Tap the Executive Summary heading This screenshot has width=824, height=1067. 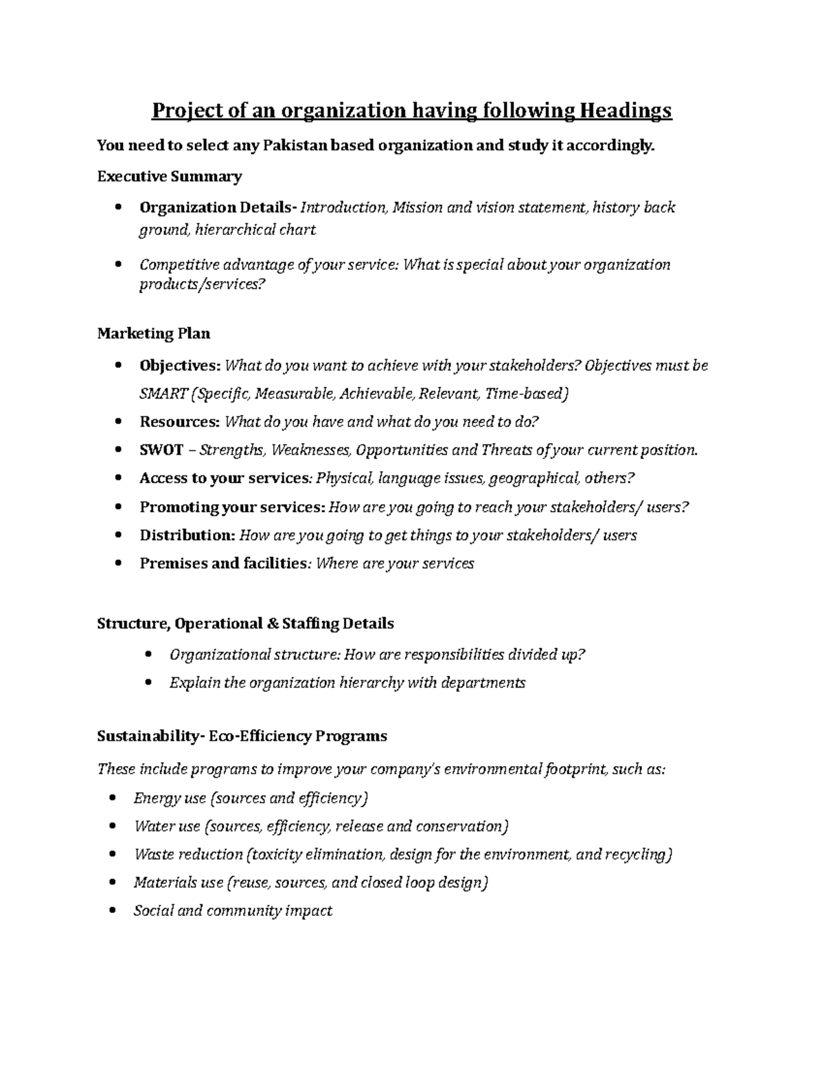169,177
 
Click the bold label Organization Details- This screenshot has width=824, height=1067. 218,207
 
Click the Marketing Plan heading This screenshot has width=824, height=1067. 153,334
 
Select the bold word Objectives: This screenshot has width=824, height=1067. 181,366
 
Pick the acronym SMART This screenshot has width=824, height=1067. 164,394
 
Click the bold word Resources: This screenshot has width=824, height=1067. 179,422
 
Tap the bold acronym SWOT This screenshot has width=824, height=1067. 161,450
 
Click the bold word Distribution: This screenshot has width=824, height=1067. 187,535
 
